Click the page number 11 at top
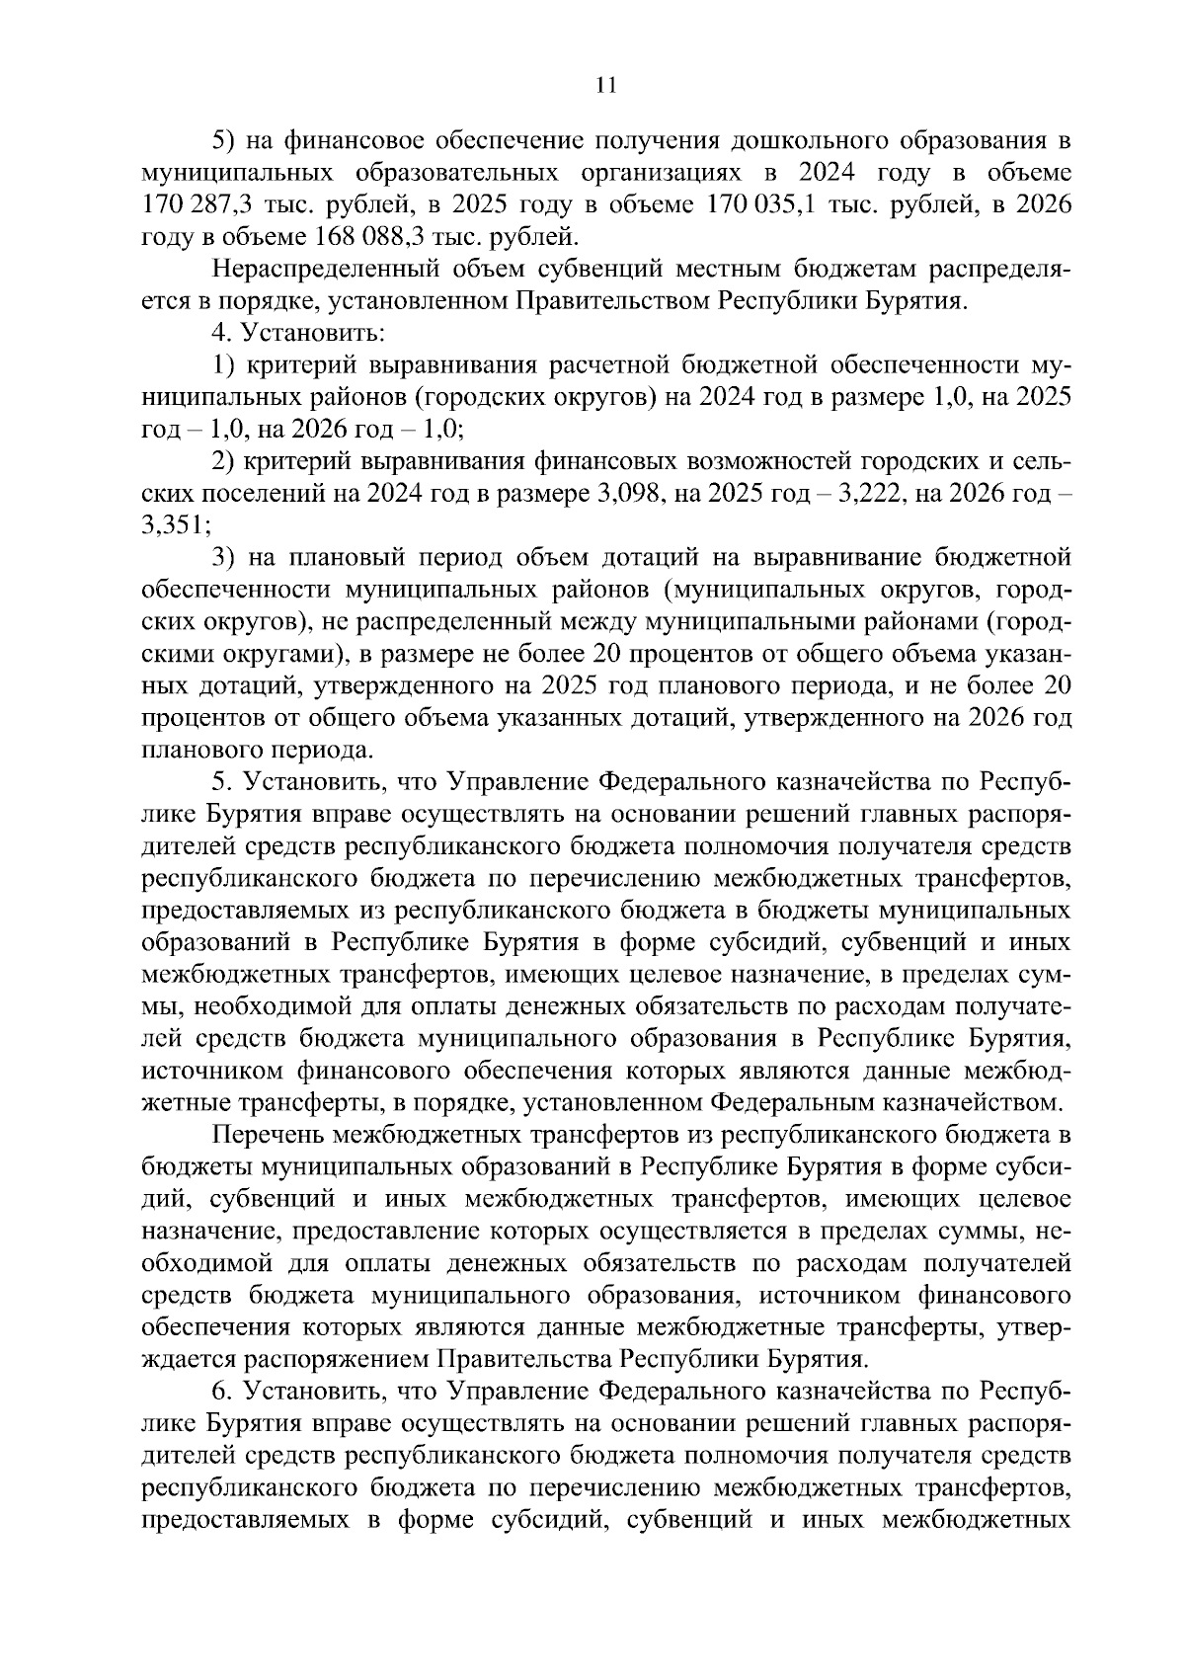tap(606, 86)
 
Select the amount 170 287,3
tap(192, 205)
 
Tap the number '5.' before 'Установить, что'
tap(222, 783)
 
